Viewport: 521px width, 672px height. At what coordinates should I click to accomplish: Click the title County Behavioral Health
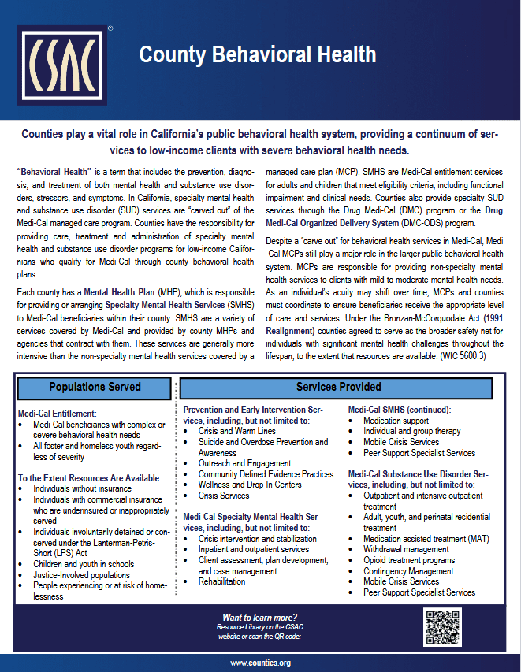point(257,55)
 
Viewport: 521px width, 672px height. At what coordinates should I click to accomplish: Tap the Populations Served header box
point(95,387)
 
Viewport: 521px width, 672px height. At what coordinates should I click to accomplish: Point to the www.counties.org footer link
point(260,663)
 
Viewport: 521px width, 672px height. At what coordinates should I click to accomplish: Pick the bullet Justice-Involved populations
point(83,575)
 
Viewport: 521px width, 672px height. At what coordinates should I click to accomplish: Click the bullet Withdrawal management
point(406,549)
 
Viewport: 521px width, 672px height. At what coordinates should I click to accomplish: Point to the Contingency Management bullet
point(408,570)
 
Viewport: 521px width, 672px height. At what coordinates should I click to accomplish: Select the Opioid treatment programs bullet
point(410,560)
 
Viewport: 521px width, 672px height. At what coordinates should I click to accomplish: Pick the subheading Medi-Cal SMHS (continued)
point(399,410)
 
